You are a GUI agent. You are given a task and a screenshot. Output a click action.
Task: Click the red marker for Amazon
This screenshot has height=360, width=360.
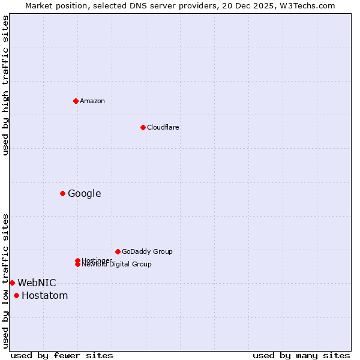(76, 101)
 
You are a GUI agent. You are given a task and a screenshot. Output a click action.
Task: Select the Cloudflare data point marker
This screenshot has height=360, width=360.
(143, 127)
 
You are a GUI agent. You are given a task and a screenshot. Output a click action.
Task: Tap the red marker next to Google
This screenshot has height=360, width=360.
(62, 193)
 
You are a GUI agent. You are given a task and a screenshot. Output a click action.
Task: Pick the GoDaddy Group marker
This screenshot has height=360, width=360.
(118, 251)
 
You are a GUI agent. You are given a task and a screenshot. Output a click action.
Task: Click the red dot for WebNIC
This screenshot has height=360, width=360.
(12, 283)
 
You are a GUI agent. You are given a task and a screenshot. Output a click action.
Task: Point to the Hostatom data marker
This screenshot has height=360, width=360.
(16, 295)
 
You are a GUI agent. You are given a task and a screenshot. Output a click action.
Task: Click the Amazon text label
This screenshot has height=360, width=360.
(92, 101)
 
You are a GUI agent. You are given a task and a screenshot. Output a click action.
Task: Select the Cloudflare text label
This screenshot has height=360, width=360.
(163, 127)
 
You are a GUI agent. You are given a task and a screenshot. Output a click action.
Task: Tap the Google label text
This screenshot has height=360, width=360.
(85, 193)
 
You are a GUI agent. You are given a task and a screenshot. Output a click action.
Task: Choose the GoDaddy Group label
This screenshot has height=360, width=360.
(147, 251)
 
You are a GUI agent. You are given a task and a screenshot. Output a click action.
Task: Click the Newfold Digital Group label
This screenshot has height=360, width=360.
(117, 265)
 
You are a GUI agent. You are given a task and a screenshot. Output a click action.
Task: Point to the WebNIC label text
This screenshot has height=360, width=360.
(37, 283)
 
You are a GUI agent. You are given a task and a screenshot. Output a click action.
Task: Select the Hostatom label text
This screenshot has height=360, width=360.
(45, 295)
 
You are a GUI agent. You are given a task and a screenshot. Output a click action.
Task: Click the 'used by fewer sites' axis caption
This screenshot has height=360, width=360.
(62, 355)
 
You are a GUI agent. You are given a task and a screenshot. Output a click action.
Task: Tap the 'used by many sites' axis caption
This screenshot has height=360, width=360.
(301, 355)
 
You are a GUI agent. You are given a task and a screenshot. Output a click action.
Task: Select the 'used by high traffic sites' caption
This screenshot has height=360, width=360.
(5, 86)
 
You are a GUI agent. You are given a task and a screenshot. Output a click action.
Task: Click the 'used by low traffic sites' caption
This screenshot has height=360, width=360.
(5, 281)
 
